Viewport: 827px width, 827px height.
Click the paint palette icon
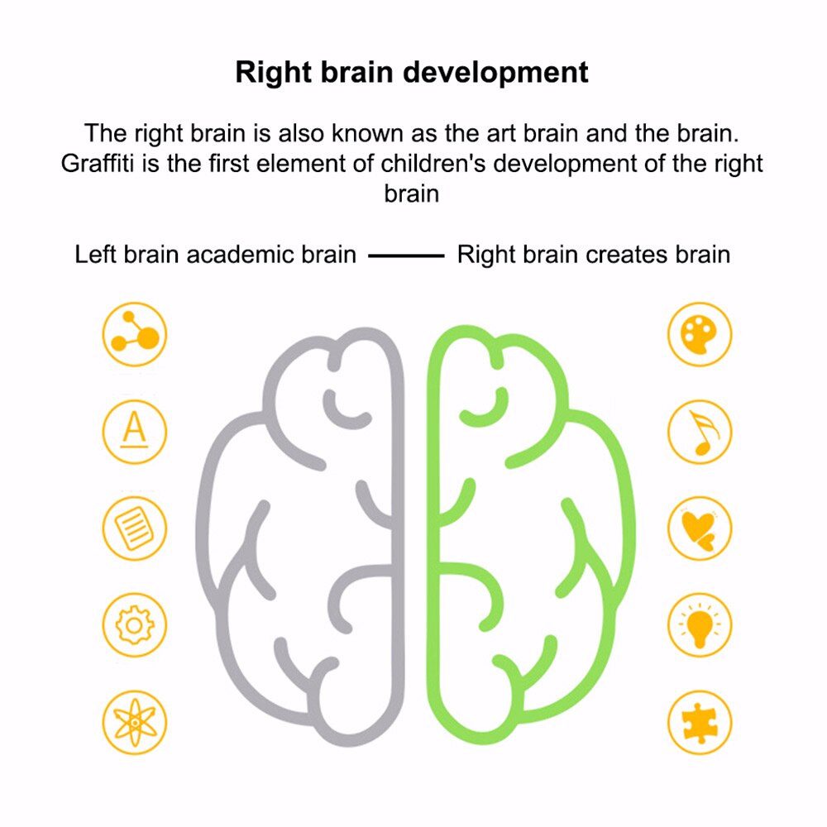click(x=700, y=334)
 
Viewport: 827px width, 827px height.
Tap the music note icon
click(x=700, y=432)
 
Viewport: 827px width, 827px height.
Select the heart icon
click(x=700, y=528)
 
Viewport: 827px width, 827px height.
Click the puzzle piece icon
click(x=700, y=723)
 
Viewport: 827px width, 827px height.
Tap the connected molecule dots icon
click(x=135, y=334)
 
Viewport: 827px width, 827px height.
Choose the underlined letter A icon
click(x=135, y=432)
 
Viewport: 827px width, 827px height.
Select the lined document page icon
click(x=135, y=528)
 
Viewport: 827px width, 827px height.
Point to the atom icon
click(x=135, y=723)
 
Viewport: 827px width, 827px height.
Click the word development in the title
click(x=495, y=72)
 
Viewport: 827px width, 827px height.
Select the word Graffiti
click(x=98, y=162)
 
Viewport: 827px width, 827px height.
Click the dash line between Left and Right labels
click(x=406, y=256)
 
